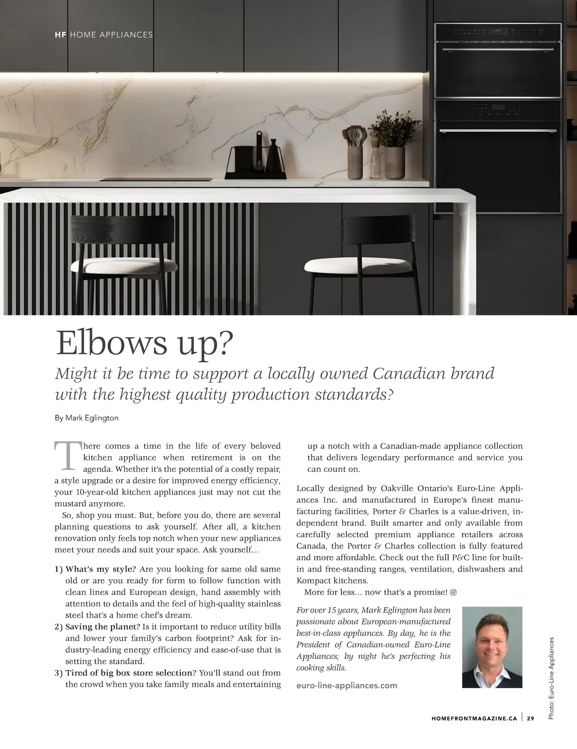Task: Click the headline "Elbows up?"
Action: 144,343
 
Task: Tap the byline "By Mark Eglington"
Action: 87,418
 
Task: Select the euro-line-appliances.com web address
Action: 347,685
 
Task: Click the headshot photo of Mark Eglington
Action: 492,647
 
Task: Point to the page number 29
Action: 530,719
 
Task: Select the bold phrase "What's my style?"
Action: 100,570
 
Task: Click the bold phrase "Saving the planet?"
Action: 102,627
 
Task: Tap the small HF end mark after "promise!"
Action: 453,592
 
